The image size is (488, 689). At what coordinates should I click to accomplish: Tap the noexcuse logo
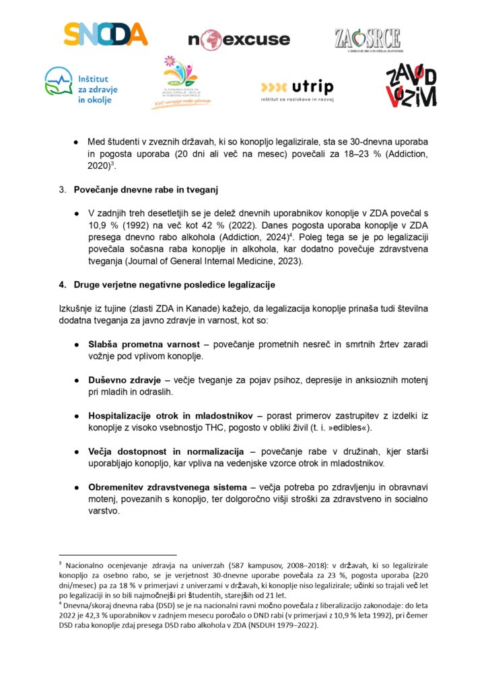239,39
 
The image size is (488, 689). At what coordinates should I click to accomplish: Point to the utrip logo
296,89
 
